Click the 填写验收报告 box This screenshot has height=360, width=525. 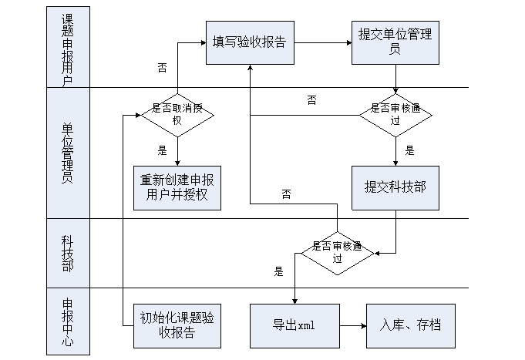(x=249, y=42)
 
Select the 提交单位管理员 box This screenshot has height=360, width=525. (x=395, y=42)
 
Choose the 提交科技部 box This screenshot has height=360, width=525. (x=395, y=187)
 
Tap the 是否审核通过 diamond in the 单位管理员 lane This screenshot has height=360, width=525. (x=395, y=116)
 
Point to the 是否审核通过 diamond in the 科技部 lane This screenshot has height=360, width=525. (x=337, y=253)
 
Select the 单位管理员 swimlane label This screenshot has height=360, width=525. (x=68, y=152)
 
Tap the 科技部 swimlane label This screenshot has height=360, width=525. (x=68, y=253)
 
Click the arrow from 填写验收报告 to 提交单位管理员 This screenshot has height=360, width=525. (x=321, y=42)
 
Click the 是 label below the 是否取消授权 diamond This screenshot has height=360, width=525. (x=163, y=150)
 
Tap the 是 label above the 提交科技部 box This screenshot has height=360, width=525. (x=409, y=151)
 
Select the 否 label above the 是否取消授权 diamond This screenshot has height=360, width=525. (x=162, y=69)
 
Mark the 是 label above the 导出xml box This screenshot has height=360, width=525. (x=278, y=271)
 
